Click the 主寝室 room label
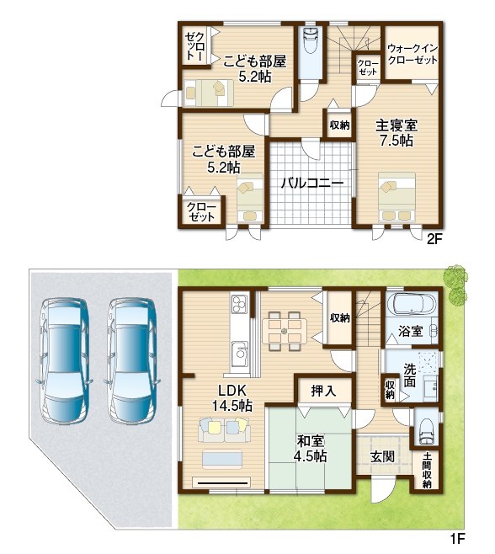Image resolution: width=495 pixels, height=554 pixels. (396, 125)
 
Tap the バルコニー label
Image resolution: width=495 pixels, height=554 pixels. (312, 183)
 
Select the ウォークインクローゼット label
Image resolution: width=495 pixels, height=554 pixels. (412, 54)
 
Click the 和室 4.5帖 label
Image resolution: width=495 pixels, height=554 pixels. (310, 449)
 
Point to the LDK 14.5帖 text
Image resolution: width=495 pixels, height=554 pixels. (232, 398)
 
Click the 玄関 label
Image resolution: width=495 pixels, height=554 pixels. (382, 457)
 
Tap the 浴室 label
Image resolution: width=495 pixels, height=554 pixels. (411, 332)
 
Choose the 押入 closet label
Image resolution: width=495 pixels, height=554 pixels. (323, 391)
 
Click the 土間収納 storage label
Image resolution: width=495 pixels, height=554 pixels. (427, 471)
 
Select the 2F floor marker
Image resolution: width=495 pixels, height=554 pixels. (434, 240)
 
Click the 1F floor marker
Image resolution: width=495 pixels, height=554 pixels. (457, 539)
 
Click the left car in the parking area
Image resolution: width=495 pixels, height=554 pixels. (63, 360)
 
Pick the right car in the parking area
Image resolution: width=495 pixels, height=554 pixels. (131, 360)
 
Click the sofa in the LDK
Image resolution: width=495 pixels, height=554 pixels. (225, 429)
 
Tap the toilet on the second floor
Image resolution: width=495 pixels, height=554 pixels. (311, 40)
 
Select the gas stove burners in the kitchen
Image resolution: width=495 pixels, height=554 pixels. (238, 304)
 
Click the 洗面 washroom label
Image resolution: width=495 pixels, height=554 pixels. (410, 376)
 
